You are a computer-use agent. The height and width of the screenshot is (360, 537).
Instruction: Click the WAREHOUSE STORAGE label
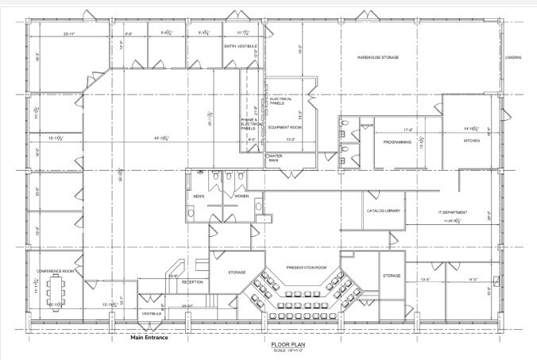pos(377,57)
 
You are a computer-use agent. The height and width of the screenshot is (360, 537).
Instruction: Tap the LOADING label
pos(513,57)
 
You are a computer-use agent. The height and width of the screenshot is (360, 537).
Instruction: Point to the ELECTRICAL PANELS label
pos(281,101)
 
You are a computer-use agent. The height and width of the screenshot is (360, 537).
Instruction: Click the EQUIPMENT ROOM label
pos(282,127)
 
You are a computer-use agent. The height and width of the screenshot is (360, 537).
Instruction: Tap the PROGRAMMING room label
pos(397,142)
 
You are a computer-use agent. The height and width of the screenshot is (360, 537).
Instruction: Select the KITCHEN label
pos(473,141)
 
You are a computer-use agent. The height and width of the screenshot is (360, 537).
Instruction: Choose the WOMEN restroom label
pos(241,195)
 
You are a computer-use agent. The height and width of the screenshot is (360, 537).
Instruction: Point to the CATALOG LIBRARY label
pos(383,211)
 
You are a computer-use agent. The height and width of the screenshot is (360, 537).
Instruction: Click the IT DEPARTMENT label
pos(453,213)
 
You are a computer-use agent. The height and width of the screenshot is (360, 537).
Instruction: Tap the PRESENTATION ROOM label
pos(307,268)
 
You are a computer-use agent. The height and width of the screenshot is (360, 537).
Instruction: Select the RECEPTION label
pos(192,282)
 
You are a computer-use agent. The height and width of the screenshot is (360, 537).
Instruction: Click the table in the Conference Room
pos(56,288)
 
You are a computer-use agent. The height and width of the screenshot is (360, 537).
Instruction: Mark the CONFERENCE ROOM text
pos(55,271)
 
